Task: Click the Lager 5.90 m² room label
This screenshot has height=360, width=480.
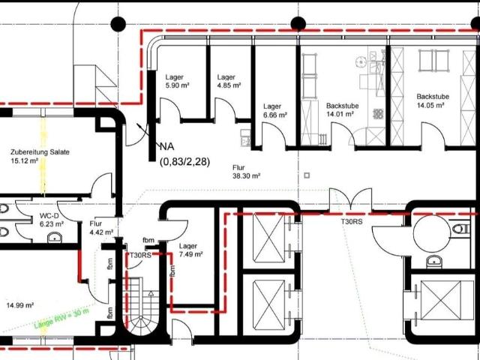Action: pos(177,81)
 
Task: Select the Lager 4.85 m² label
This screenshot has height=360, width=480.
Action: pos(229,81)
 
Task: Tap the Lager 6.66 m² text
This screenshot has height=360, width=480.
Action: pos(275,110)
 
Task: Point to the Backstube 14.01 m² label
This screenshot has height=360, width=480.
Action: pos(342,110)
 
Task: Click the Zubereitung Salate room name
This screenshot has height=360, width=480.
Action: pos(40,151)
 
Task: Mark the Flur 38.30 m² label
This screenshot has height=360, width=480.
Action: pos(247,172)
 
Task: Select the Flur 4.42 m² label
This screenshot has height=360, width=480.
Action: pos(101,228)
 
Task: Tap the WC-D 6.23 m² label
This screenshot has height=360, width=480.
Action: pos(52,220)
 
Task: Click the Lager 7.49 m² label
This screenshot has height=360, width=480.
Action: pos(191,250)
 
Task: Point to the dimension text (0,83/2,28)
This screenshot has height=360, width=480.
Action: pos(185,161)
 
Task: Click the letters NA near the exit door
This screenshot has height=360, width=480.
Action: pos(166,147)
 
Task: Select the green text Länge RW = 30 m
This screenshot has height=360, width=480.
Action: pos(61,318)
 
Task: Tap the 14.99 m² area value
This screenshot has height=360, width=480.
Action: pos(20,305)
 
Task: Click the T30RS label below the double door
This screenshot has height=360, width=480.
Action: pos(352,222)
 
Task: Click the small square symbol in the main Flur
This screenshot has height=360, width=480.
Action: pos(307,175)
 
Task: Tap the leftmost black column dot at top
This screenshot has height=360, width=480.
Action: pos(118,24)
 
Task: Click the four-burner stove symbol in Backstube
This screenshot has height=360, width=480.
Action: pos(378,113)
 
